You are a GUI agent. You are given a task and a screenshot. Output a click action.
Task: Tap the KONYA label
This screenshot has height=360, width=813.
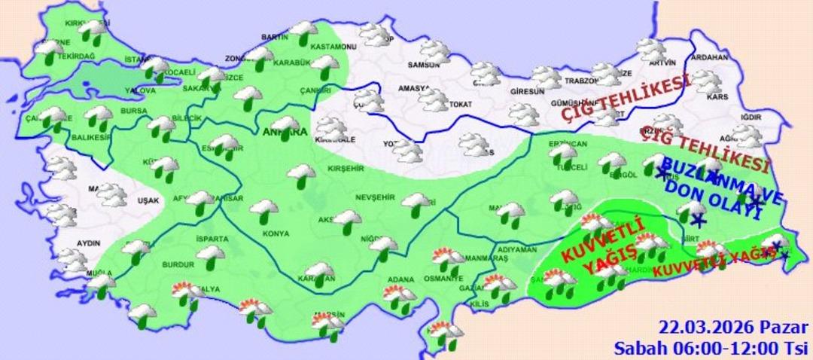pyautogui.click(x=276, y=233)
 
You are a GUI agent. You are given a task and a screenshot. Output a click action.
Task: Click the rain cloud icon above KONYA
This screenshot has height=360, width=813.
pyautogui.click(x=264, y=210)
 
